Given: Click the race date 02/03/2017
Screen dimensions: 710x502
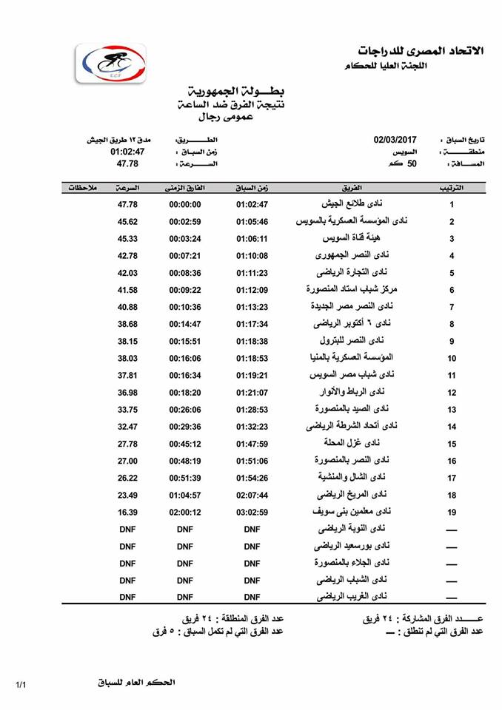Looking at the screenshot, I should click(x=396, y=138).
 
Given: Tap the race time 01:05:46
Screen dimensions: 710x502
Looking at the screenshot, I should click(x=252, y=222).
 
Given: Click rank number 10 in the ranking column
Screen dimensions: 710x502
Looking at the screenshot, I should click(x=452, y=359).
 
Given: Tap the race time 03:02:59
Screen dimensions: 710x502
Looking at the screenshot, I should click(x=252, y=513).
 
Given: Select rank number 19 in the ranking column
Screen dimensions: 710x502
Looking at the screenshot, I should click(x=452, y=513).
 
